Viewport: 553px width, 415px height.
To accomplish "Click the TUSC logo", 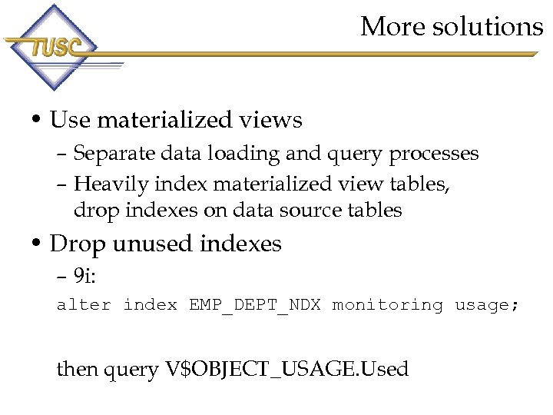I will (x=52, y=48).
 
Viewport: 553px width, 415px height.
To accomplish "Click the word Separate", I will (x=114, y=154).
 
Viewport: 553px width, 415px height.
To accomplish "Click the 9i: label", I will (x=85, y=275).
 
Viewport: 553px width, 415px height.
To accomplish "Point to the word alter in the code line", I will (x=84, y=305).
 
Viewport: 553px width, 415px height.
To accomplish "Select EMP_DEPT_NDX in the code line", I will (x=255, y=306).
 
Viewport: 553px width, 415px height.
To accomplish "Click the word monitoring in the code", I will (x=387, y=305).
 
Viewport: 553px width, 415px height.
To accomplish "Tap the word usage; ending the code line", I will (x=487, y=305).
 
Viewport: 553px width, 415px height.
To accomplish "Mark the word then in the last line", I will (x=78, y=369).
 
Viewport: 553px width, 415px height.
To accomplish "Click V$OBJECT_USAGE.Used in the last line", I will (x=286, y=370).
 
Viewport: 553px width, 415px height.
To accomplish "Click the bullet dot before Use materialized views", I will (x=36, y=121).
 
